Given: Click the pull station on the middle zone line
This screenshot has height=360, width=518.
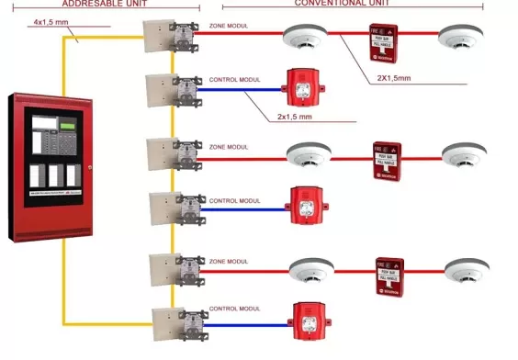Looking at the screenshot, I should pos(386,159).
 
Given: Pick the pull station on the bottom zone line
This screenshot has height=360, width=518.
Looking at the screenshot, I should pos(389,274).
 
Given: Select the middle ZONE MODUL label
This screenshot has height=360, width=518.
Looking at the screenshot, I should pos(230,147).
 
